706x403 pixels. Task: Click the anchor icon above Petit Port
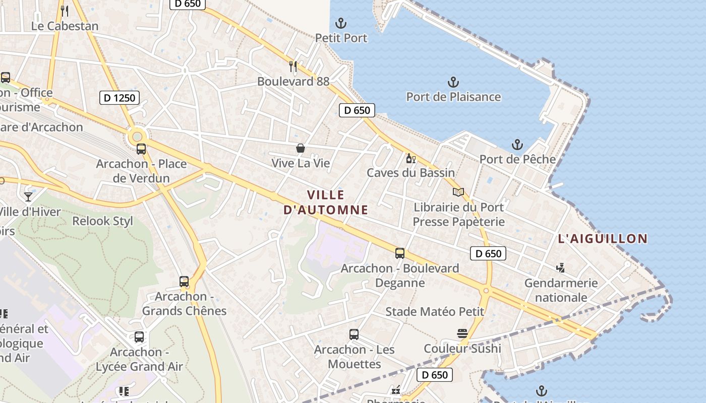pyautogui.click(x=341, y=23)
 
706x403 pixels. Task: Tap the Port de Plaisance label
pyautogui.click(x=453, y=97)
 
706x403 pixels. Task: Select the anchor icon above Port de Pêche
pyautogui.click(x=517, y=145)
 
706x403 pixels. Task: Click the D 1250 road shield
pyautogui.click(x=120, y=98)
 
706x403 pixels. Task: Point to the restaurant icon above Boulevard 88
pyautogui.click(x=293, y=66)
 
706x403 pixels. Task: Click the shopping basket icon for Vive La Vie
pyautogui.click(x=301, y=148)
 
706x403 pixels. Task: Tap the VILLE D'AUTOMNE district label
pyautogui.click(x=326, y=203)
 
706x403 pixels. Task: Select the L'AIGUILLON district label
pyautogui.click(x=603, y=239)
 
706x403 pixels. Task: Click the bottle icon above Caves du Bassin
pyautogui.click(x=410, y=159)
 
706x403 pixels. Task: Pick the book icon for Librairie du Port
pyautogui.click(x=458, y=192)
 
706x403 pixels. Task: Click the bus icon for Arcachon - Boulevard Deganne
pyautogui.click(x=400, y=253)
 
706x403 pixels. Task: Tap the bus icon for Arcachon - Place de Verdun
pyautogui.click(x=141, y=149)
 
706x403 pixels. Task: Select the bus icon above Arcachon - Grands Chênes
pyautogui.click(x=184, y=282)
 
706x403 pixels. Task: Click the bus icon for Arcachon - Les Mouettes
pyautogui.click(x=354, y=334)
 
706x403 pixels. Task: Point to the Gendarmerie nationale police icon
pyautogui.click(x=560, y=267)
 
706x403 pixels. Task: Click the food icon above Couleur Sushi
pyautogui.click(x=462, y=333)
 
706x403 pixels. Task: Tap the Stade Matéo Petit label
pyautogui.click(x=435, y=312)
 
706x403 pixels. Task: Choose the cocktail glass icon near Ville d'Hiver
pyautogui.click(x=28, y=196)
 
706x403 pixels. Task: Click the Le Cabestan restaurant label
pyautogui.click(x=65, y=26)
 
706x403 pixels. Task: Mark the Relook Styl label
pyautogui.click(x=103, y=221)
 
